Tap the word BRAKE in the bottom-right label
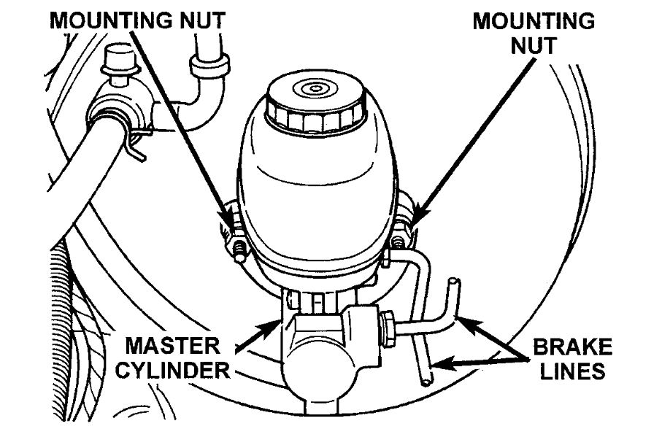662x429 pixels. pos(577,344)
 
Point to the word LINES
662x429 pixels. pos(577,371)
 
